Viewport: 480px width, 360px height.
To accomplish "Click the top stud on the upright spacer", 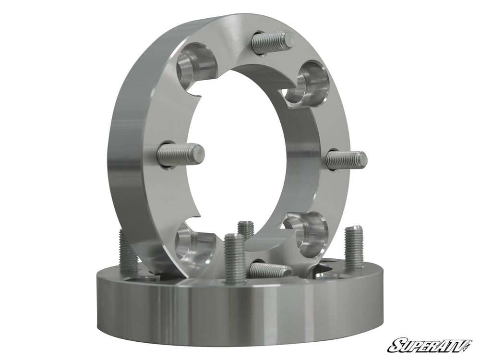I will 272,42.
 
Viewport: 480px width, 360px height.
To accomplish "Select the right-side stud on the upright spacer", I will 346,160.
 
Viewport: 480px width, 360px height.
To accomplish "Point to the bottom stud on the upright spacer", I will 270,270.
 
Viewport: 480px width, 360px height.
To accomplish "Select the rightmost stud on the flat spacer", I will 354,247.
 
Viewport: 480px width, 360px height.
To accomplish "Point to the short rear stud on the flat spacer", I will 246,229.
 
